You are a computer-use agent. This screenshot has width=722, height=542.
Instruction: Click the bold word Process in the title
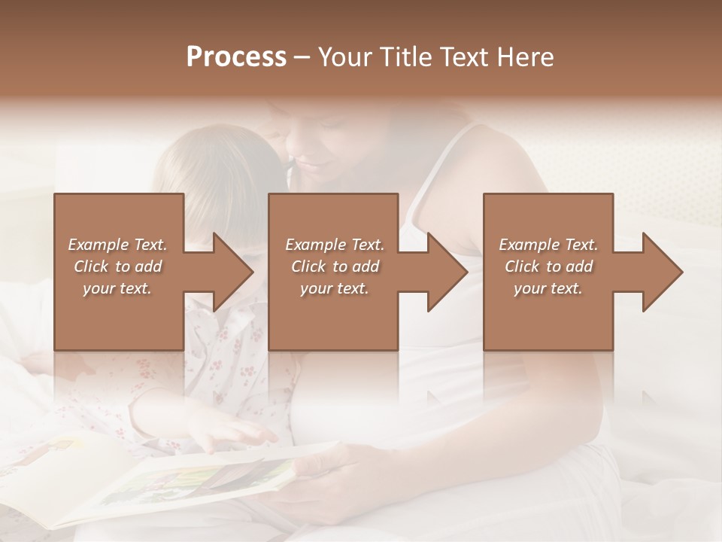coord(236,57)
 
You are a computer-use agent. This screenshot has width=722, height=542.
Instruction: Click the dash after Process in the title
coord(302,58)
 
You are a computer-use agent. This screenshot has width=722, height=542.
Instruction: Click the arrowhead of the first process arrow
coord(233,273)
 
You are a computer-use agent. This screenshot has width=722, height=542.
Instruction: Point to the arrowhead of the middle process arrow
coord(447,273)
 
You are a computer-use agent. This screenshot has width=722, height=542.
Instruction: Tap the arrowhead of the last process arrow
coord(663,273)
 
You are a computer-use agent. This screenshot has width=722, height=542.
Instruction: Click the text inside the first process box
coord(117,266)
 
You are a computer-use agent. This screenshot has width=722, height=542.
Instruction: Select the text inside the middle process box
coord(334,266)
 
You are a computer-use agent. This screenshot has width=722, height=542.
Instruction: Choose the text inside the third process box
coord(548,266)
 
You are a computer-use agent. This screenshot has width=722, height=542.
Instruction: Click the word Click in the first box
coord(91,266)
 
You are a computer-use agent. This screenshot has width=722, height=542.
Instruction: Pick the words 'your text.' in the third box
coord(548,288)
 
